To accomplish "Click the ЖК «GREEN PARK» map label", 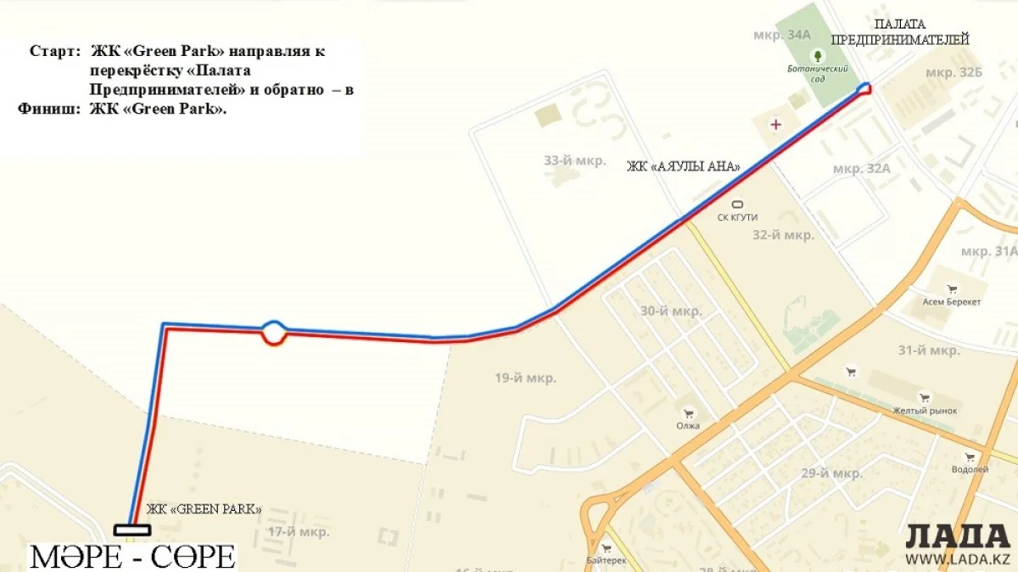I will (x=204, y=509).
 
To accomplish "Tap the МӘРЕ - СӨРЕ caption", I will (x=132, y=557).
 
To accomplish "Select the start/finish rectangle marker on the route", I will (x=132, y=530).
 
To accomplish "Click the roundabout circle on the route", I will (x=273, y=332).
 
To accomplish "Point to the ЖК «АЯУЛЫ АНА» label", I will (x=683, y=167).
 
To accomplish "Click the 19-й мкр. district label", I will (x=526, y=378).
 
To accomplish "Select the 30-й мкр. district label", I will (x=671, y=311).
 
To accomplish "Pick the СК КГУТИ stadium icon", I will (x=737, y=205).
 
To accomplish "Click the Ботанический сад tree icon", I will (x=818, y=57).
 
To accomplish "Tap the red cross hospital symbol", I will (x=775, y=125).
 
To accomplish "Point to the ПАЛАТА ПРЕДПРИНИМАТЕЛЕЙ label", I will (x=899, y=32).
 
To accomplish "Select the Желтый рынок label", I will (x=924, y=411).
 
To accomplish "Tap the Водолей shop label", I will (x=970, y=469).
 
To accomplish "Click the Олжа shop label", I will (x=688, y=425).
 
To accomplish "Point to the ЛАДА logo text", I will (x=958, y=536).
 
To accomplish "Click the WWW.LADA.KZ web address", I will (x=958, y=559).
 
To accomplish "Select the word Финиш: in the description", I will (x=49, y=109).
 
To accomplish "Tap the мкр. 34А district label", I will (x=782, y=35).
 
